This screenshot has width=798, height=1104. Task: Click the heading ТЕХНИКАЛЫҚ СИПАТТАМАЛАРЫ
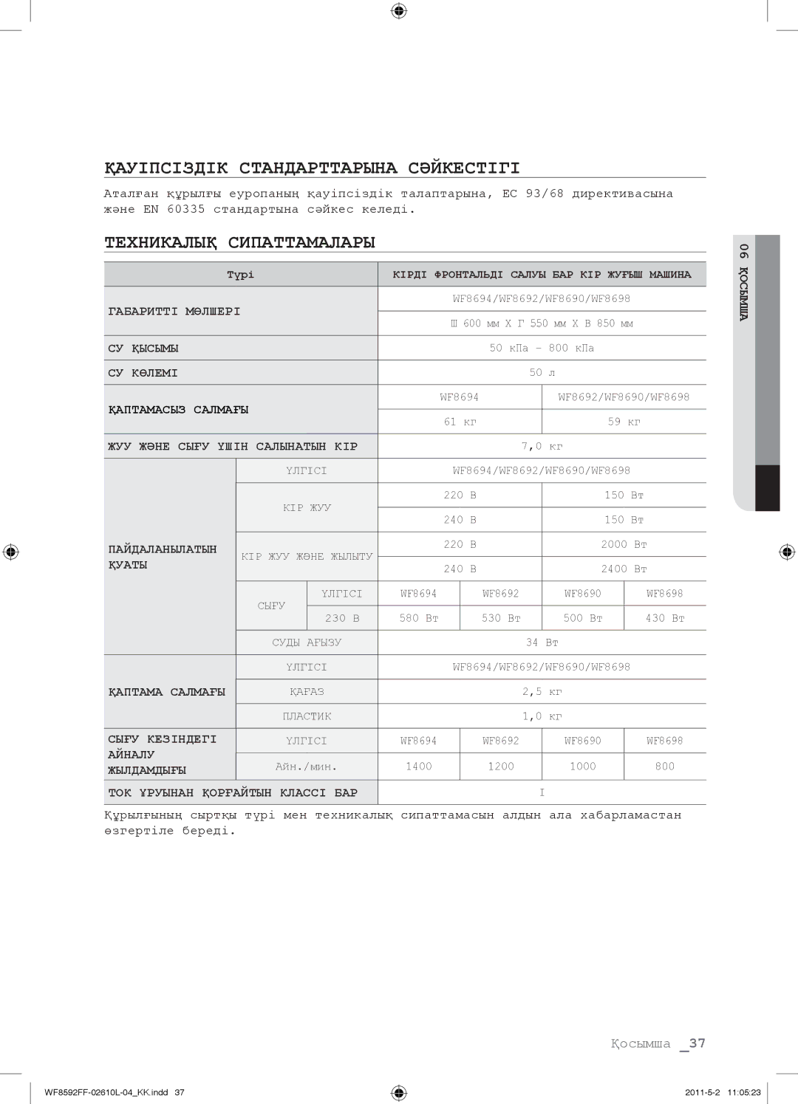tap(240, 243)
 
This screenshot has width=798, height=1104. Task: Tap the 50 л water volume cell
tap(542, 373)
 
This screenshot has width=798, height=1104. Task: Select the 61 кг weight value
tap(460, 422)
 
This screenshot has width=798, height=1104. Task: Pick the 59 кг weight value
tap(624, 422)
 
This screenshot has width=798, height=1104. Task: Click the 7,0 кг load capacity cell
tap(542, 446)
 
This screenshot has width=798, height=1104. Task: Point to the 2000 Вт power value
tap(624, 544)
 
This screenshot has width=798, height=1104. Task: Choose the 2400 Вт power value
tap(624, 569)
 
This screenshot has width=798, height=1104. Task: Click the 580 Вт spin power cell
tap(419, 618)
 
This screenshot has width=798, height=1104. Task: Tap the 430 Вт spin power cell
tap(665, 618)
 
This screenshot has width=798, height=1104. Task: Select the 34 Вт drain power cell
tap(542, 642)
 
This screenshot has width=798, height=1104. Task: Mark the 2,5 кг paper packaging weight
tap(542, 692)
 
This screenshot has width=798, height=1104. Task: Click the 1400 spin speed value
tap(419, 767)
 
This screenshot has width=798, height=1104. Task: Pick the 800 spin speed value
tap(665, 767)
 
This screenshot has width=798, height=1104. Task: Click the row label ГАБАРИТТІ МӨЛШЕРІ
tap(174, 312)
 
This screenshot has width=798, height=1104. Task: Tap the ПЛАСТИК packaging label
tap(307, 716)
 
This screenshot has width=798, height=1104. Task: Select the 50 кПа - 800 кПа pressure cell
tap(542, 348)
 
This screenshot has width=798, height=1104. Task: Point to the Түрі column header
tap(240, 275)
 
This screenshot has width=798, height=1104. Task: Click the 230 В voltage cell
tap(342, 618)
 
